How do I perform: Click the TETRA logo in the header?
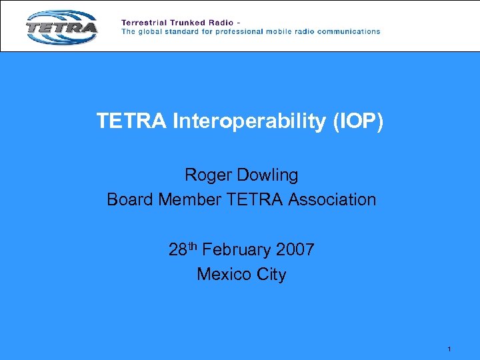point(61,27)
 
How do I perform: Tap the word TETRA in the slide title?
point(132,121)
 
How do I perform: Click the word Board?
point(130,199)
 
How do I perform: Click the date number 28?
point(177,251)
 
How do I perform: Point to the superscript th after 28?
point(192,247)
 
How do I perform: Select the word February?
point(235,251)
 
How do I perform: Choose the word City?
point(270,275)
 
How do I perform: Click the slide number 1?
point(450,349)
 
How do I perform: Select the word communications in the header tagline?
point(347,31)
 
